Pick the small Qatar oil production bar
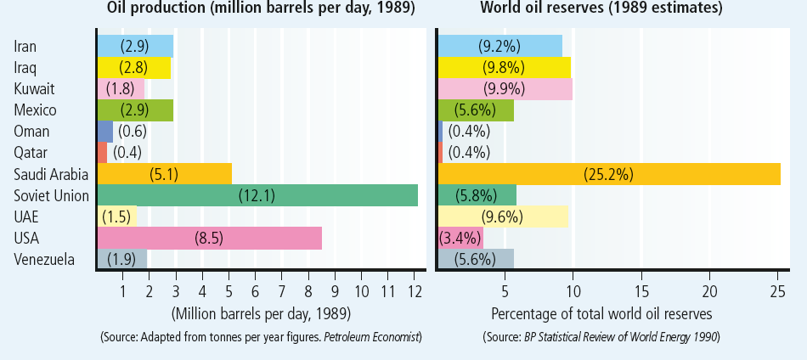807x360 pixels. click(102, 152)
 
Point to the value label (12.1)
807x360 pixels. click(256, 194)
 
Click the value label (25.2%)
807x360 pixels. click(608, 173)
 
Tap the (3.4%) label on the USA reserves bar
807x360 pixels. click(460, 238)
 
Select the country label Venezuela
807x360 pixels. click(44, 259)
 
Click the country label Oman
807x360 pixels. click(31, 131)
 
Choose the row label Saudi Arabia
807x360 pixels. click(52, 173)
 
